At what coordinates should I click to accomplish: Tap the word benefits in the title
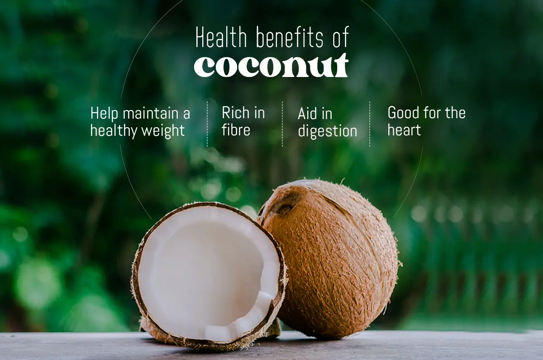tap(289, 38)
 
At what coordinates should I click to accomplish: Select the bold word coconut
tap(271, 66)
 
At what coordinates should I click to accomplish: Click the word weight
tap(162, 130)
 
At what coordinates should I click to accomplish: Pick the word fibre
tap(236, 130)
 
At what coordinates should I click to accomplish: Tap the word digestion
tap(327, 132)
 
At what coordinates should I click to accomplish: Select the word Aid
tap(308, 114)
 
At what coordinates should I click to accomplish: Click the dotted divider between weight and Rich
tap(207, 124)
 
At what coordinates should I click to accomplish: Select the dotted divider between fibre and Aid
tap(282, 124)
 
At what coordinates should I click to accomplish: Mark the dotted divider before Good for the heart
tap(370, 124)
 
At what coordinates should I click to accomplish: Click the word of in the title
tap(339, 38)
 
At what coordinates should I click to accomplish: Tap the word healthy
tap(114, 130)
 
